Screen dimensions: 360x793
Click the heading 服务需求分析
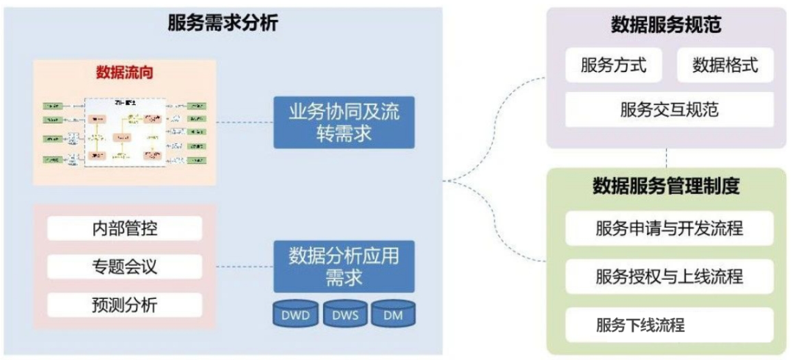click(x=222, y=23)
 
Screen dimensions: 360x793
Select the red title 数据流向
click(x=124, y=72)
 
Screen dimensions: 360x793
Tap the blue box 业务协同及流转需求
click(x=344, y=122)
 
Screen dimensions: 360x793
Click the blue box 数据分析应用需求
click(x=344, y=267)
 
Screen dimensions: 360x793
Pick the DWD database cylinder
click(x=295, y=314)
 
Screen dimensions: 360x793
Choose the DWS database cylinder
click(x=344, y=314)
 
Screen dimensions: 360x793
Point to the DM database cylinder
click(x=392, y=314)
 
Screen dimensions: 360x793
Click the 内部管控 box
click(x=124, y=228)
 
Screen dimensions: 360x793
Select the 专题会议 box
click(x=124, y=266)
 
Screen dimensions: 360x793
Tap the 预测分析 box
click(x=124, y=304)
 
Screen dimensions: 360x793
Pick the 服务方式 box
click(x=613, y=65)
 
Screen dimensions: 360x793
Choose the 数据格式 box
click(x=724, y=65)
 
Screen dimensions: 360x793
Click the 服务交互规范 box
click(x=669, y=110)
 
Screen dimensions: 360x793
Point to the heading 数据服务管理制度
click(x=666, y=186)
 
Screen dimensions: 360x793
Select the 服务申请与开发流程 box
click(x=669, y=228)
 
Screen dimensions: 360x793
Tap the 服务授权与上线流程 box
click(x=669, y=276)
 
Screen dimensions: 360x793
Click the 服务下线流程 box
click(x=669, y=325)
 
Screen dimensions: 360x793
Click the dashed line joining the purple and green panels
click(x=667, y=158)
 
